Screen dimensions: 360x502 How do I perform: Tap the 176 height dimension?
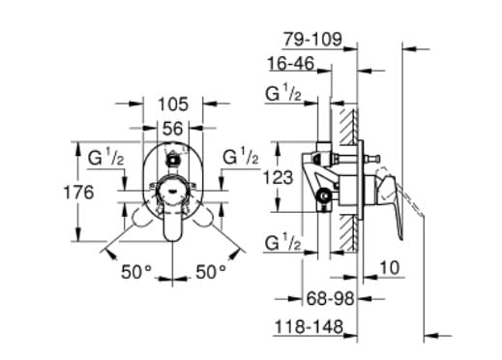(79, 193)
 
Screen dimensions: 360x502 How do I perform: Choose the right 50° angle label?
(210, 273)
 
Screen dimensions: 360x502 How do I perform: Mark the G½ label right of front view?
(241, 157)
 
